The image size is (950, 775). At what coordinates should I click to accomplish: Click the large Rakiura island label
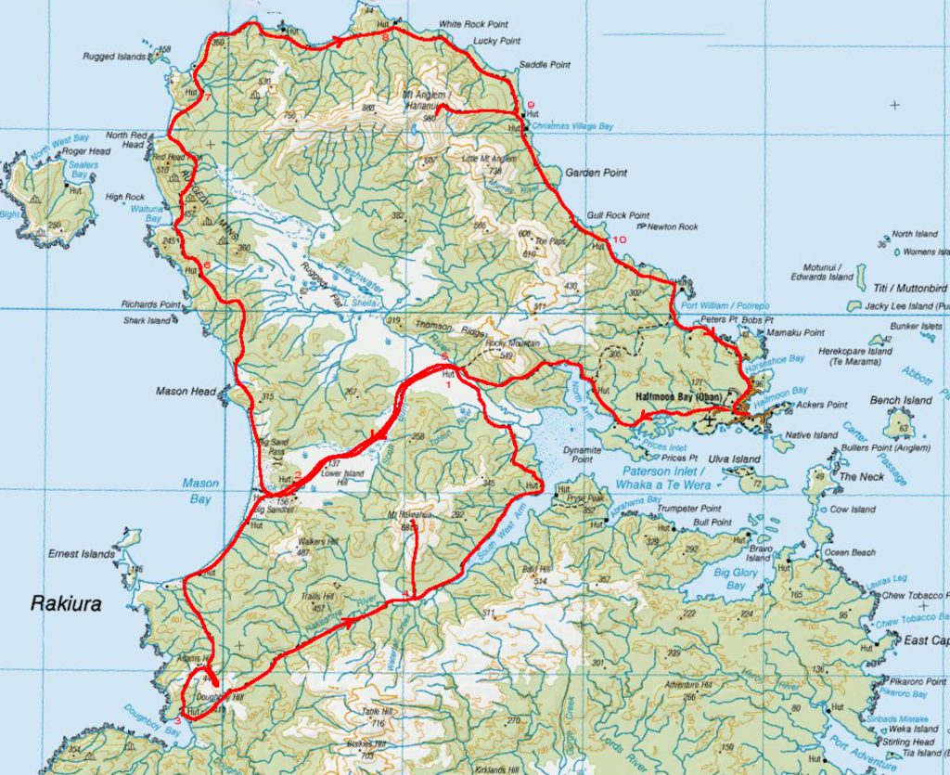(64, 602)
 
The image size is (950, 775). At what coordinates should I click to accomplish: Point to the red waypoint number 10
(619, 240)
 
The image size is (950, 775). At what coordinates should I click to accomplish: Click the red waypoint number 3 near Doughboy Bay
(178, 717)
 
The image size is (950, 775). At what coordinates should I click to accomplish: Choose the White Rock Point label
(473, 25)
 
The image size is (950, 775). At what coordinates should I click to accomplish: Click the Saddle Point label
(544, 65)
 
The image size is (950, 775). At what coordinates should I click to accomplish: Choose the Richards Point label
(150, 304)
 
